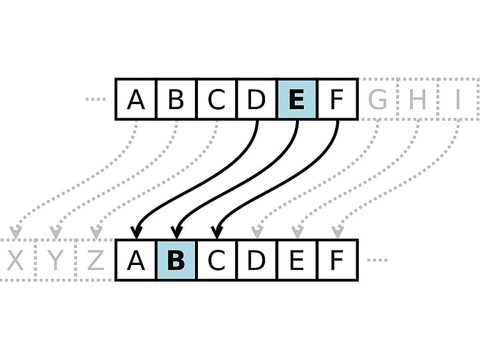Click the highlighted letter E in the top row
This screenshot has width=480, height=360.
tap(296, 99)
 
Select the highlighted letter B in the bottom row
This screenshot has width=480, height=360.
tap(175, 260)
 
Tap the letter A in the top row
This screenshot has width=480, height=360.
tap(136, 99)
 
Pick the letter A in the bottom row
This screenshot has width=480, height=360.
tap(136, 260)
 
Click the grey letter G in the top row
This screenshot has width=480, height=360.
tap(377, 99)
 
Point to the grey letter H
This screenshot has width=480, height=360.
tap(417, 99)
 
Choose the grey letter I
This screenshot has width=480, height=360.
tap(457, 99)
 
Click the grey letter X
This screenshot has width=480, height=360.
tap(16, 261)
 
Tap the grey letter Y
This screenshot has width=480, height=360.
tap(55, 261)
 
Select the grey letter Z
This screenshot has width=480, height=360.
tap(95, 261)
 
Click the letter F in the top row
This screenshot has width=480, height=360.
tap(337, 99)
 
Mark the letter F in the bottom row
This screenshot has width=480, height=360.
tap(337, 260)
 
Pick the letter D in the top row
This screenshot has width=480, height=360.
tap(256, 99)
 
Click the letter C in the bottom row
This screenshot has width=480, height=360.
tap(216, 260)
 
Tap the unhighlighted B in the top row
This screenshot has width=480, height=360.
tap(175, 99)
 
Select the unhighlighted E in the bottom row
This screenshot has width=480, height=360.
tap(296, 260)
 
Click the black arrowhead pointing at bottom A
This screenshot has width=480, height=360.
tap(136, 232)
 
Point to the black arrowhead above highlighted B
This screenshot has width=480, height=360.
tap(176, 232)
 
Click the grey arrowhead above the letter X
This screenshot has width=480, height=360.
tap(16, 232)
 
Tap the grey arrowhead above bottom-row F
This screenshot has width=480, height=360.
tap(337, 232)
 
